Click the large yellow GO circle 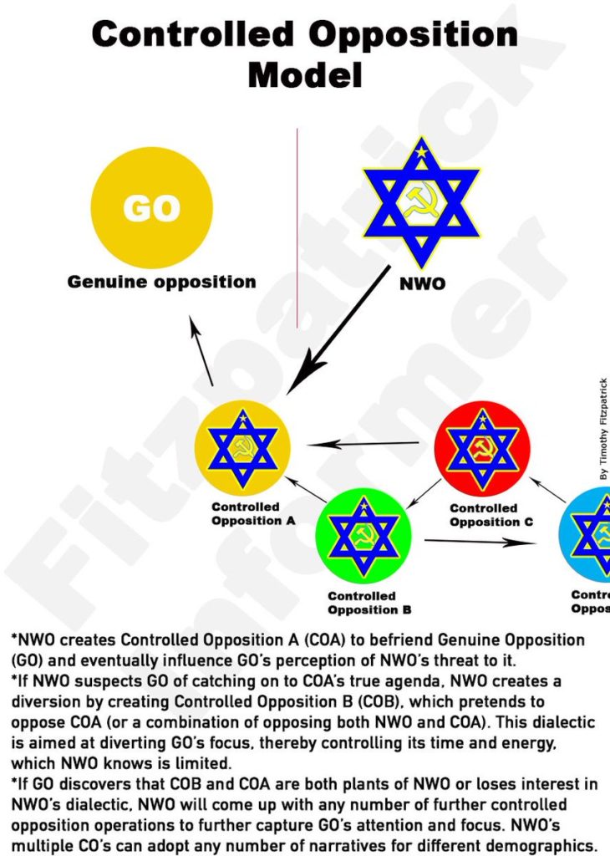[x=151, y=207]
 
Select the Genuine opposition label [x=162, y=282]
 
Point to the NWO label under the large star [x=422, y=283]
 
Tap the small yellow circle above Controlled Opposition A [x=242, y=448]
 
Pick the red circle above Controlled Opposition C [x=482, y=448]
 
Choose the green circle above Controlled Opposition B [x=363, y=536]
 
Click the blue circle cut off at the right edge [x=590, y=535]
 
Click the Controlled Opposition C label [x=484, y=515]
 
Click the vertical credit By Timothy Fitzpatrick [x=603, y=427]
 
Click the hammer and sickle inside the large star [x=420, y=201]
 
